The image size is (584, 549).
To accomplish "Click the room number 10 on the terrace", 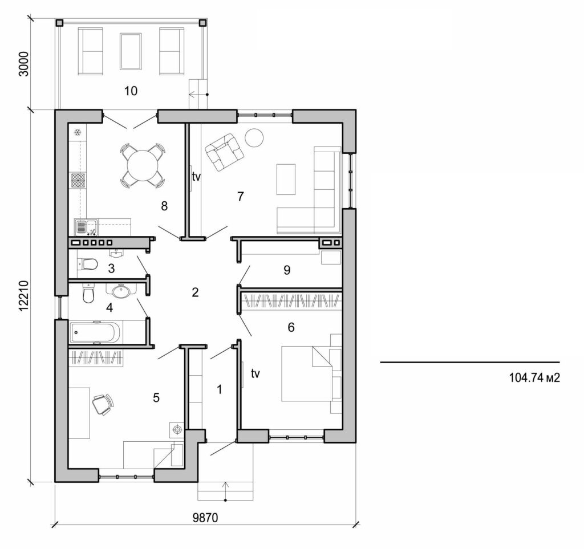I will click(x=131, y=91).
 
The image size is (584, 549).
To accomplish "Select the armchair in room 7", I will click(x=224, y=152).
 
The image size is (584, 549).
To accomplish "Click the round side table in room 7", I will click(x=254, y=137).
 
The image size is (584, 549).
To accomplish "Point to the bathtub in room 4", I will click(x=95, y=332).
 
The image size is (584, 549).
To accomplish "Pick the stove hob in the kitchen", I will click(x=78, y=181).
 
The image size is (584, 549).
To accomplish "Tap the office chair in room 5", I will click(x=102, y=404).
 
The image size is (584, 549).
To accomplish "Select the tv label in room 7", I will click(x=196, y=177).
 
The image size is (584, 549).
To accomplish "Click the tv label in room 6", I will click(x=255, y=373).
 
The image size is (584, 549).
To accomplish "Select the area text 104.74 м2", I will click(x=532, y=377).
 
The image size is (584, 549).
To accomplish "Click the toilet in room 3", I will click(x=87, y=265).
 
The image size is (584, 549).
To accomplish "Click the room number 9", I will click(x=287, y=270).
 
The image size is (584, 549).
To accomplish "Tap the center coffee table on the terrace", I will click(x=131, y=51).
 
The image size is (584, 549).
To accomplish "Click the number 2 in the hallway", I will click(x=195, y=292).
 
